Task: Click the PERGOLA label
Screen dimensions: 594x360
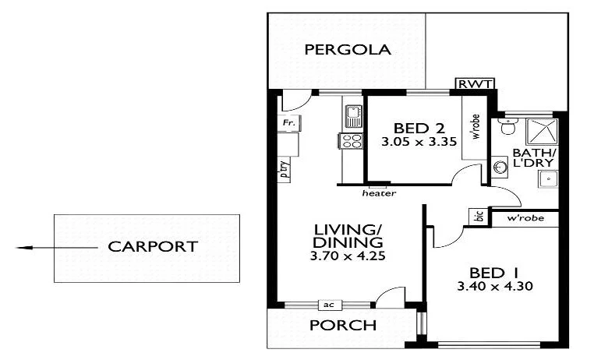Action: point(348,50)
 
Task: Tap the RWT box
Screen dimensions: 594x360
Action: point(476,83)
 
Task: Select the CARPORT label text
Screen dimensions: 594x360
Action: point(153,246)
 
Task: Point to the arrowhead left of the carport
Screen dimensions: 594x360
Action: point(23,248)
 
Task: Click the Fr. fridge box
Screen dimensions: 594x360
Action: point(289,123)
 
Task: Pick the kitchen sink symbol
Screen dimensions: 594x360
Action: point(353,116)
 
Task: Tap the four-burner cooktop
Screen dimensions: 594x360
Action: point(351,141)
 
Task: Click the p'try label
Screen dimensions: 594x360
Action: point(284,169)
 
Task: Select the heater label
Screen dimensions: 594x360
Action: point(379,193)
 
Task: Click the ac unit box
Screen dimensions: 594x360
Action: point(330,305)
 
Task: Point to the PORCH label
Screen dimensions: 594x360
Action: point(343,325)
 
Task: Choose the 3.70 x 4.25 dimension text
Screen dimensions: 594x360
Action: point(348,256)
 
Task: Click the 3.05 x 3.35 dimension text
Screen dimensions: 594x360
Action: point(419,142)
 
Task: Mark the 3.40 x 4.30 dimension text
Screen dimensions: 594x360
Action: point(495,286)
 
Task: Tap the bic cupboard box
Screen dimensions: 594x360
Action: point(479,217)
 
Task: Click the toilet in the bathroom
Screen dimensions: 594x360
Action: point(507,126)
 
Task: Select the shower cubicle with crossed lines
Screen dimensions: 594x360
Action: point(542,132)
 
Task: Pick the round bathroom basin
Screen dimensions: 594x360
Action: point(500,167)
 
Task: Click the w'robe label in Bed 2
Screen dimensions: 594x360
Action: point(476,127)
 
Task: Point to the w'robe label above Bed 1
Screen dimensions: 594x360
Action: point(525,218)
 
